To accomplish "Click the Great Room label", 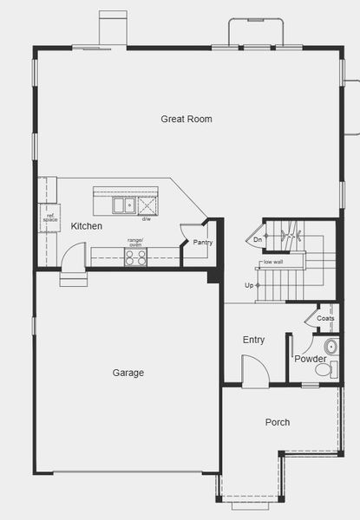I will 187,119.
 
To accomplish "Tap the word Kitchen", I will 87,226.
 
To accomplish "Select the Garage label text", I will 128,373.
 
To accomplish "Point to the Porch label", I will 278,422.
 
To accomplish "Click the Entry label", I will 253,340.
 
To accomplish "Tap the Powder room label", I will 310,359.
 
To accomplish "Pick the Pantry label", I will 203,243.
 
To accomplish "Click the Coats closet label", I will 325,318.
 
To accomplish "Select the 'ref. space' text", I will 49,218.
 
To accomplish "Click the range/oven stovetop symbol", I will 135,257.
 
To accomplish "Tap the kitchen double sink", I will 124,205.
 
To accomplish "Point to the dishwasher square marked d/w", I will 147,205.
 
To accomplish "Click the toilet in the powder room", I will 324,370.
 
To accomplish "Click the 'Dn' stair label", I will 258,239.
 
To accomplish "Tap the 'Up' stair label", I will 250,285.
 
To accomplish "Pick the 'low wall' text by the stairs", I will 273,262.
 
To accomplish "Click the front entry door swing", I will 253,374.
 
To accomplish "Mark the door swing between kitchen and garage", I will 73,257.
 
